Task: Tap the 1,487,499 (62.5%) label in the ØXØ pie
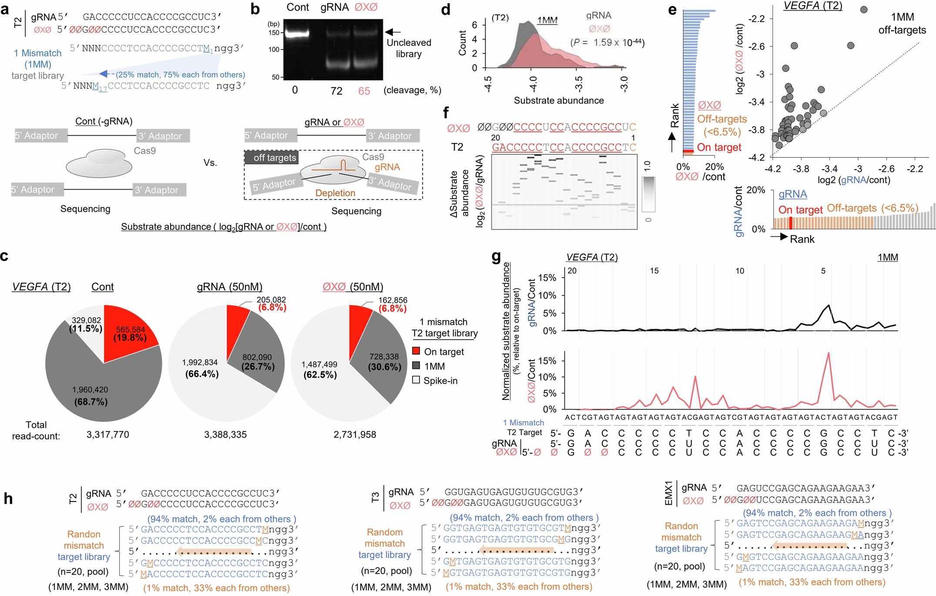tap(319, 369)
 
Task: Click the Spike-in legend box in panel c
tap(416, 380)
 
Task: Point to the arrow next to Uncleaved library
tap(393, 32)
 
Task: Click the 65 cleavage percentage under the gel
tap(364, 91)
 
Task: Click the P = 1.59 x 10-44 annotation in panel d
tap(607, 43)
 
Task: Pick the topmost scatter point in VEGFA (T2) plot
tap(864, 10)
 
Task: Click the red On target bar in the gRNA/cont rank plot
tap(790, 222)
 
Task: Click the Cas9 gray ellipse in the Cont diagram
tap(99, 164)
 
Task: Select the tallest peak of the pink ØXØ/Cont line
tap(828, 353)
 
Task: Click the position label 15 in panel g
tap(654, 271)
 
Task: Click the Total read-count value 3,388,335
tap(225, 434)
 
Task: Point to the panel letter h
tap(8, 499)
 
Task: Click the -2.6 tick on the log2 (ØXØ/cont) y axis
tap(756, 47)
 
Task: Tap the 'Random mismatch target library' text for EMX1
tap(681, 537)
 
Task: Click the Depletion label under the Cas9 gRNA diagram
tap(335, 193)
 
